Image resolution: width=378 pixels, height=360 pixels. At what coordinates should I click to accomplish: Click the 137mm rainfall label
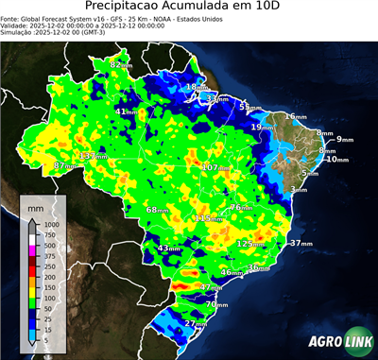91,155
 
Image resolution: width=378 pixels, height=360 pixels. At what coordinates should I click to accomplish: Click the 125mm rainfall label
250,244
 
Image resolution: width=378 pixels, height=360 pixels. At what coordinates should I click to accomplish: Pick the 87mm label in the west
63,165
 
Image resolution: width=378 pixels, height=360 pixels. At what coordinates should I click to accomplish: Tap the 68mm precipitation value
157,209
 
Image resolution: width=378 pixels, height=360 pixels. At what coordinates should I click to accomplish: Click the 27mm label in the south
196,324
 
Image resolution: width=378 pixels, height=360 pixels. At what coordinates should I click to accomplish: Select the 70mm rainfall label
216,305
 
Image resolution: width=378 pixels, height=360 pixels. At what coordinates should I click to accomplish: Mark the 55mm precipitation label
249,107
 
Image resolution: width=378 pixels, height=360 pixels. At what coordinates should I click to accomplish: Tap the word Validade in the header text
17,26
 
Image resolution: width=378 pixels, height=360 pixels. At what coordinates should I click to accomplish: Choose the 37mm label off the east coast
301,243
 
